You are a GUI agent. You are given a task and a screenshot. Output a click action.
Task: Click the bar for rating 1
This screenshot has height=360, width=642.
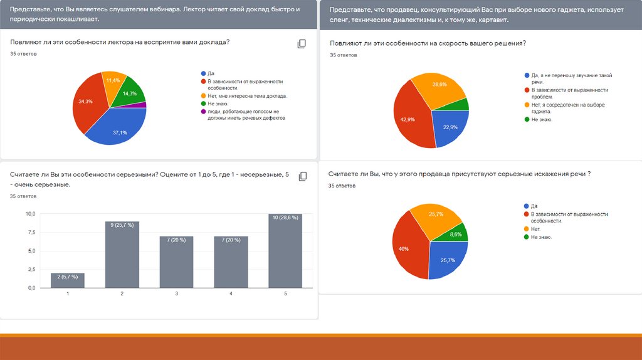[x=67, y=280]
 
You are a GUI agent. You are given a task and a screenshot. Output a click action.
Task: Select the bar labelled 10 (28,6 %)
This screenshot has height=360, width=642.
[x=285, y=251]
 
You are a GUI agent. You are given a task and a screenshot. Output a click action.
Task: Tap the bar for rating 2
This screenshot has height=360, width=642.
[x=122, y=254]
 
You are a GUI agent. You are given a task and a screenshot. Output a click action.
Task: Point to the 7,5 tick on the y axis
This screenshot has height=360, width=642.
[x=30, y=233]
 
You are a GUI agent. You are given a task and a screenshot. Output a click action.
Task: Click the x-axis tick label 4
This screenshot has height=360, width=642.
[x=231, y=294]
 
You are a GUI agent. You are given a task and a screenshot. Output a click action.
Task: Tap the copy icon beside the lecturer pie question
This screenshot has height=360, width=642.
[x=302, y=44]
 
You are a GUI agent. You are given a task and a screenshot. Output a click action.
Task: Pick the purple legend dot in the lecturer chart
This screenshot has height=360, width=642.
[x=203, y=111]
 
